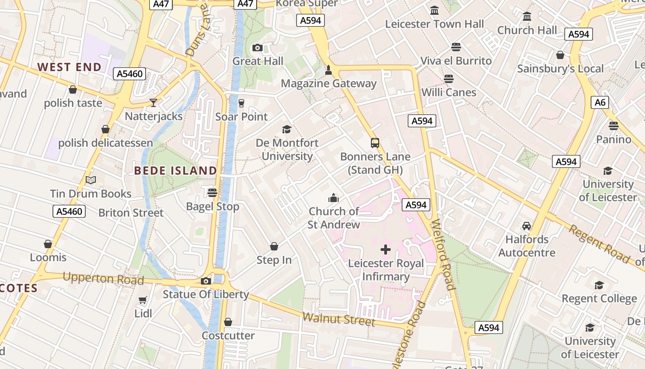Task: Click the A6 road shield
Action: [600, 102]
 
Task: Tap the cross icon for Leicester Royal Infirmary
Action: [386, 250]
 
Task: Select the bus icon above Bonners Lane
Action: [375, 143]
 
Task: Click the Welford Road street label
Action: [443, 254]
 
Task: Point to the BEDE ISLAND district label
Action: [176, 171]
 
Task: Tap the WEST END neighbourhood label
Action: [69, 67]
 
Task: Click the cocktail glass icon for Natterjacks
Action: [153, 102]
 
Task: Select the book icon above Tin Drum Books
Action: [91, 180]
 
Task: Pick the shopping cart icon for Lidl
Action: [143, 300]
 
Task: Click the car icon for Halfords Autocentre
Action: [527, 226]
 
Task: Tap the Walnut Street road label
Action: [339, 319]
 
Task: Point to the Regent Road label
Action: [598, 243]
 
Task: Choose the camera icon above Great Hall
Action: [258, 48]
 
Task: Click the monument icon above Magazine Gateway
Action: [328, 70]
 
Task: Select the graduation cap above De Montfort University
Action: [287, 129]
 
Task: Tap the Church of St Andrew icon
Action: [334, 198]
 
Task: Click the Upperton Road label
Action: [103, 279]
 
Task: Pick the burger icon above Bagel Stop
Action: [212, 192]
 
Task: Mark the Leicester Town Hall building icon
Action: [434, 10]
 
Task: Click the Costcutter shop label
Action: [228, 335]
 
